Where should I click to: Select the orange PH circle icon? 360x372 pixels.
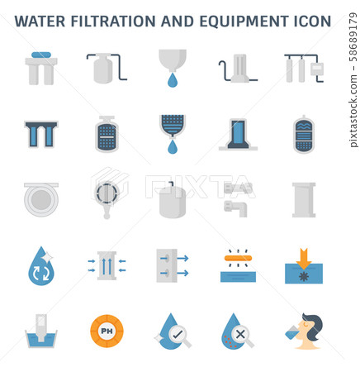click(107, 330)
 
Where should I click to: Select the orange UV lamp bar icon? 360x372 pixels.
click(238, 255)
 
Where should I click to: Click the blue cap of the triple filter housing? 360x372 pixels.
click(40, 55)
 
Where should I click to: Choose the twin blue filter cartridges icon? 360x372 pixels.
click(40, 134)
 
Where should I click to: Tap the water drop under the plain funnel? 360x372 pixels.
click(172, 81)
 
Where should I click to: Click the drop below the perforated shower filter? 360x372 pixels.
click(172, 147)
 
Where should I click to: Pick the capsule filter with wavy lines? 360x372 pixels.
click(303, 134)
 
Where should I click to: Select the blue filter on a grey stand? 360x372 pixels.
click(238, 134)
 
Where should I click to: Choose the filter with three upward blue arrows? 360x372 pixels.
click(107, 265)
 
